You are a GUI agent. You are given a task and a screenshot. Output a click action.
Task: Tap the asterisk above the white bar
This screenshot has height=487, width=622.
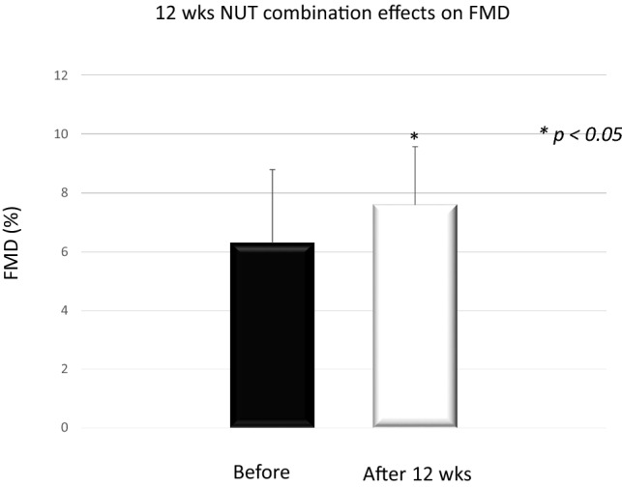click(x=414, y=137)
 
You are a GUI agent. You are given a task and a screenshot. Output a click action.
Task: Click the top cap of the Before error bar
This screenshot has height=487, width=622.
click(x=272, y=170)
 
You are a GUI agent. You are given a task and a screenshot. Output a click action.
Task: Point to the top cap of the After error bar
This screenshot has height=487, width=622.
click(x=414, y=147)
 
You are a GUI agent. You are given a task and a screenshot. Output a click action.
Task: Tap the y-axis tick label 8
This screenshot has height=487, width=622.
click(x=64, y=192)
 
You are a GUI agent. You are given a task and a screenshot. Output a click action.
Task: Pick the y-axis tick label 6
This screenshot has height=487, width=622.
click(x=64, y=251)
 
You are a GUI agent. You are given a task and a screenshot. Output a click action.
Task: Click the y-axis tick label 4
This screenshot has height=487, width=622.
click(x=64, y=310)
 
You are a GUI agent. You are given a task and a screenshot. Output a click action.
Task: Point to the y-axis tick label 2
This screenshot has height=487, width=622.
click(x=64, y=369)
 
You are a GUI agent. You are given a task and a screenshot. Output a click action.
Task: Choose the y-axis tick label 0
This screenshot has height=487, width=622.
click(x=64, y=428)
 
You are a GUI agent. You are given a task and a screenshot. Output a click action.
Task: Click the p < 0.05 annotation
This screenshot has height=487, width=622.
click(x=580, y=134)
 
